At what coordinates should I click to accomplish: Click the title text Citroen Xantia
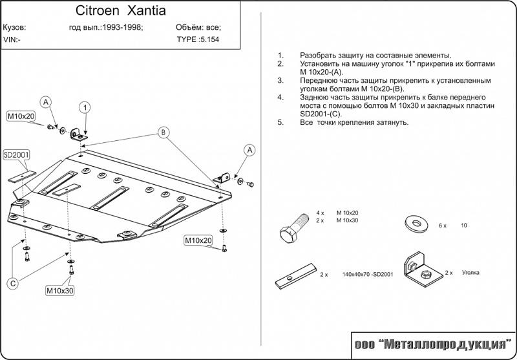pos(121,11)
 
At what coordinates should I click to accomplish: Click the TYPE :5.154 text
pos(198,39)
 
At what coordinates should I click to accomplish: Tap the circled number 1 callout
pos(85,107)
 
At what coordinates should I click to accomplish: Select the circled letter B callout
pos(164,133)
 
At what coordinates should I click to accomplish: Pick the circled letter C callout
pos(12,282)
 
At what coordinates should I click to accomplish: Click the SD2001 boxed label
pos(17,155)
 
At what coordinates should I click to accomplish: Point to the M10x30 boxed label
pos(59,290)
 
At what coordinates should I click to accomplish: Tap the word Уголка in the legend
pos(471,273)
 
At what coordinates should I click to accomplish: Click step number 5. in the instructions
pos(280,122)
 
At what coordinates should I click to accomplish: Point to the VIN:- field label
pos(12,39)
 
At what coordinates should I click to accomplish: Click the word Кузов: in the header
pos(15,28)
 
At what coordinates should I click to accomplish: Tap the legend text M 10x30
pos(347,220)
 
